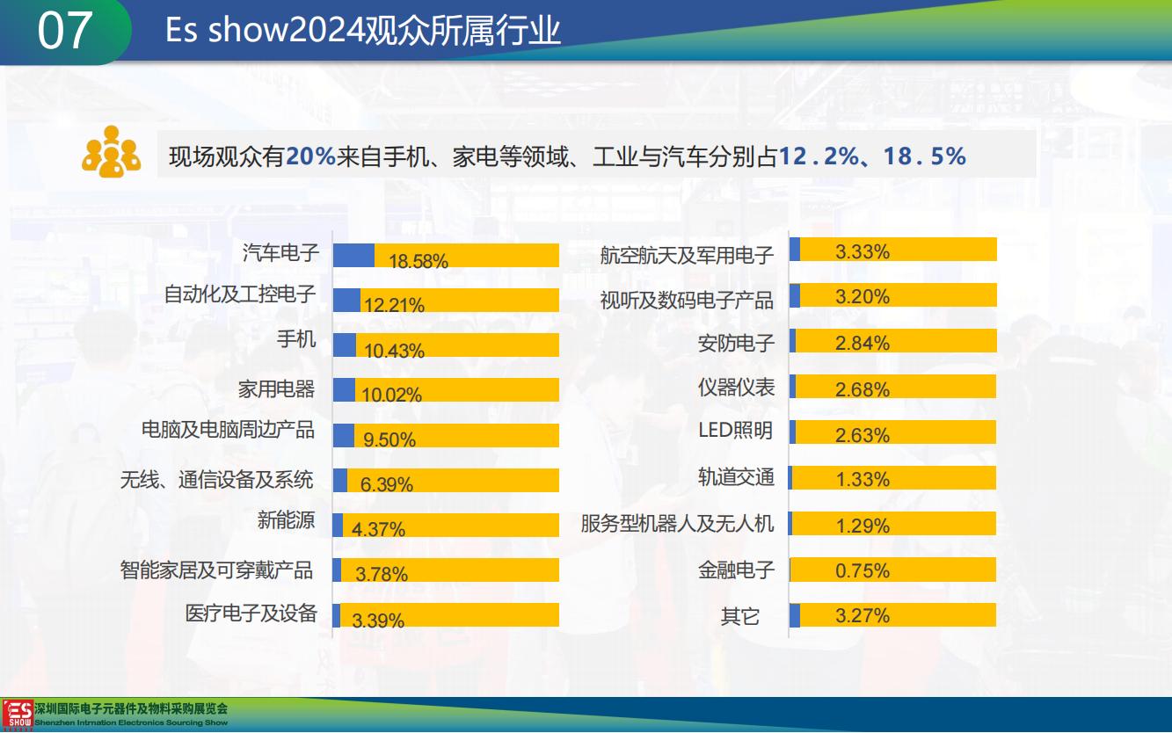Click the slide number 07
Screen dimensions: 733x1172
point(64,31)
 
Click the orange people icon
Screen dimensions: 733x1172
point(111,153)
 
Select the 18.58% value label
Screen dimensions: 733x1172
point(418,261)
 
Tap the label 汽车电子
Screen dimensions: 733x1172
point(280,254)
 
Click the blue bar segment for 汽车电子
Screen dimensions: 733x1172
point(353,255)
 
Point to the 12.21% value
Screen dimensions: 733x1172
point(394,305)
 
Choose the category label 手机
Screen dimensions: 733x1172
point(296,338)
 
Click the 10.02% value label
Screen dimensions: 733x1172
point(391,395)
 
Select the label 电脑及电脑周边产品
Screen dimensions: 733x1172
point(228,430)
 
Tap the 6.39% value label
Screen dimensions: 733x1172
point(387,483)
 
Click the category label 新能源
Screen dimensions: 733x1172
point(286,520)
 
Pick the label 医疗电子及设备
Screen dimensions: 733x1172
point(251,613)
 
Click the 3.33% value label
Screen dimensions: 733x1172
point(862,252)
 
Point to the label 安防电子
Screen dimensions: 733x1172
point(736,343)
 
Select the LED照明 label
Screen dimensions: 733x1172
point(735,431)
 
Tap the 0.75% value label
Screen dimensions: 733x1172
point(862,570)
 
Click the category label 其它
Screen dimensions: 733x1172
point(740,616)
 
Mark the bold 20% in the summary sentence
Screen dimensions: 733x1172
point(310,157)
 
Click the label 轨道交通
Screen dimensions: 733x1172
point(736,477)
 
